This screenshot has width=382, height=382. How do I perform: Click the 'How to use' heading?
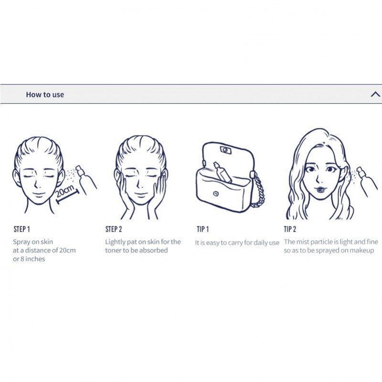[x=45, y=95]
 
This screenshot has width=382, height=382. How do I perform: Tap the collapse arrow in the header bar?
[x=375, y=94]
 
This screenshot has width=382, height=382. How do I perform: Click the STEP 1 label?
[x=22, y=229]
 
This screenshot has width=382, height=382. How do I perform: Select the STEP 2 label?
[x=114, y=229]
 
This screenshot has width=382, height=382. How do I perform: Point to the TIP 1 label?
[x=202, y=229]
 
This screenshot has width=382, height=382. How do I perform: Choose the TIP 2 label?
[x=290, y=229]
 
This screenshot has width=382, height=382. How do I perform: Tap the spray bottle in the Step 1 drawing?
[x=85, y=179]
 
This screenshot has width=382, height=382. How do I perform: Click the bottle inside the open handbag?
[x=222, y=172]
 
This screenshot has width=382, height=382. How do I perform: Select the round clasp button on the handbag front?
[x=216, y=194]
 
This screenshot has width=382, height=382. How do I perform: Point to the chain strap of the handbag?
[x=258, y=190]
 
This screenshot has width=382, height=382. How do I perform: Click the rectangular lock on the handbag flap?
[x=226, y=149]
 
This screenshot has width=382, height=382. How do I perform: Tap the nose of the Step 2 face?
[x=139, y=183]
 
